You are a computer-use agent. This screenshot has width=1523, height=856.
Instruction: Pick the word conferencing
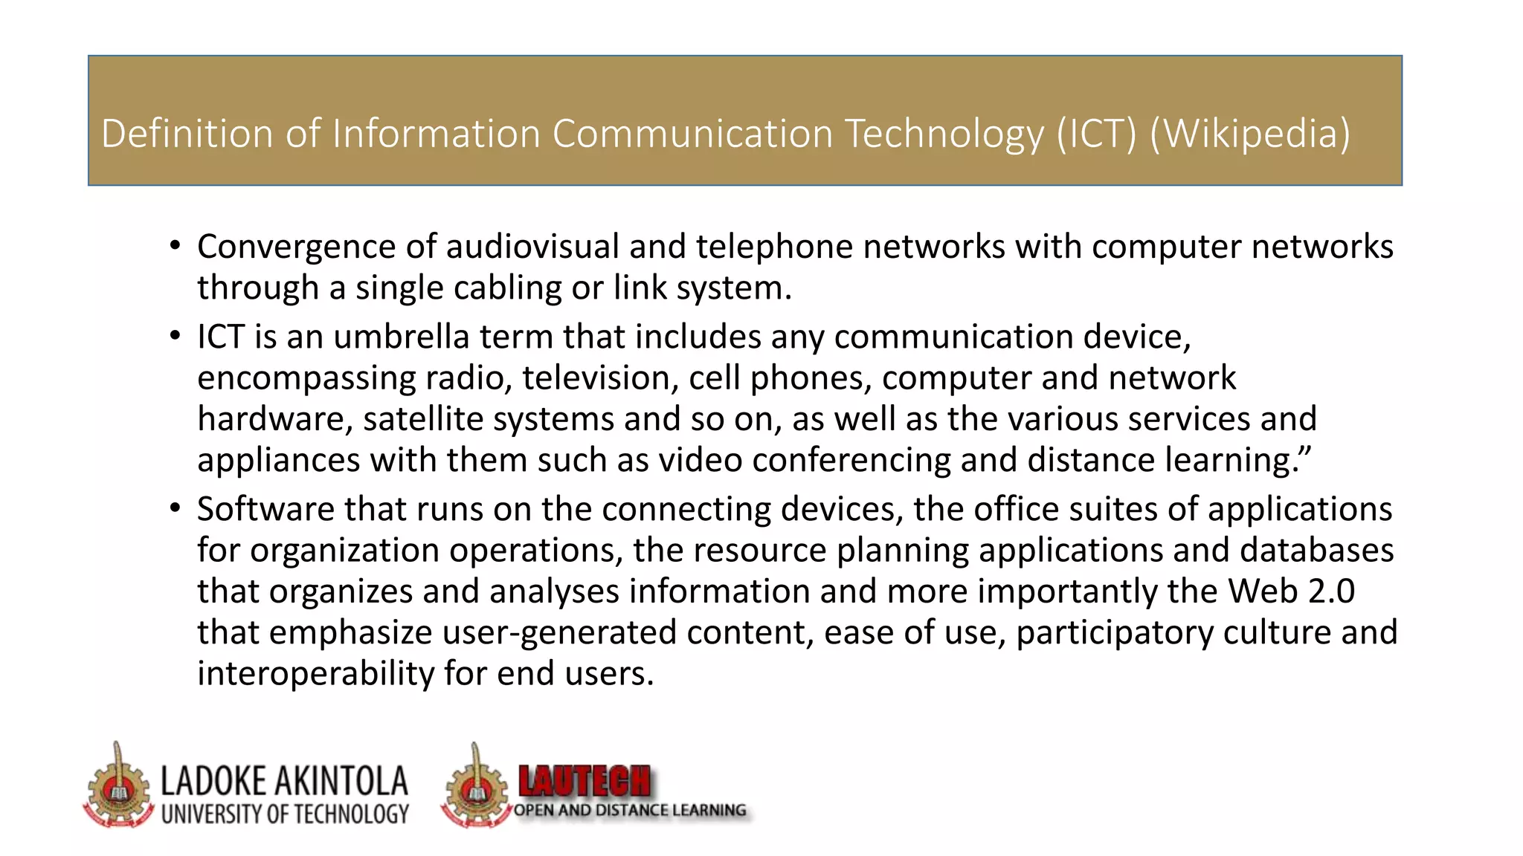(x=851, y=460)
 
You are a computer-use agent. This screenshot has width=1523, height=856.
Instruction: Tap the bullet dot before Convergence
(x=175, y=246)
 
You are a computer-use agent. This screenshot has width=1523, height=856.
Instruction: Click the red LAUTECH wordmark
(x=585, y=782)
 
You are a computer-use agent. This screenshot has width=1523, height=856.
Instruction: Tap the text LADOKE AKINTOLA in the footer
(x=285, y=782)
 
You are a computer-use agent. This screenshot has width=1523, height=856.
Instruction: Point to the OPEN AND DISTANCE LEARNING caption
(x=630, y=810)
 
